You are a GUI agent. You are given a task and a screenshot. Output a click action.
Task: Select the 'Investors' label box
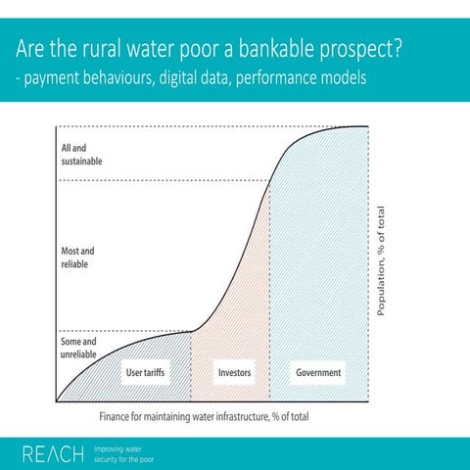[234, 373]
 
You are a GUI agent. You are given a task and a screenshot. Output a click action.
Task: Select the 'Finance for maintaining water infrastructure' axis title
[205, 416]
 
